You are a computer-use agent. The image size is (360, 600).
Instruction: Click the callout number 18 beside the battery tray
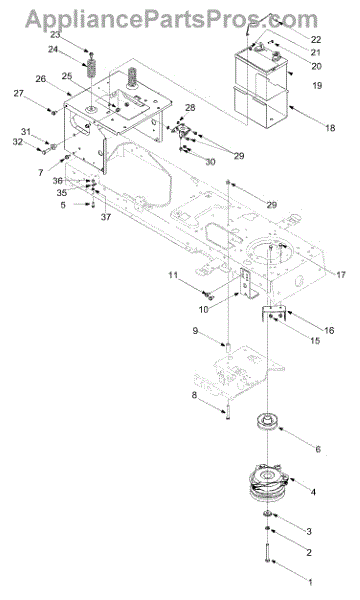coord(330,128)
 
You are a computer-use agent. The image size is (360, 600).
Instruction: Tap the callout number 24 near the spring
coord(53,49)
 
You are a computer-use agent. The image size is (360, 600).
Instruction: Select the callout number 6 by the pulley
coord(318,449)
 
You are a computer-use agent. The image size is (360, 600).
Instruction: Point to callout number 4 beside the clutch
coord(313,492)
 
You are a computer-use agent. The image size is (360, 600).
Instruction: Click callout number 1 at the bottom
coord(310,582)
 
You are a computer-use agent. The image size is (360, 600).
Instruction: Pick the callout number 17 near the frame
coord(341,274)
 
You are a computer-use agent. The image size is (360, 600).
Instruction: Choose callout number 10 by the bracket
coord(204,309)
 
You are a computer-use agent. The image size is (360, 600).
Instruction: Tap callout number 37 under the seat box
coord(106,217)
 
